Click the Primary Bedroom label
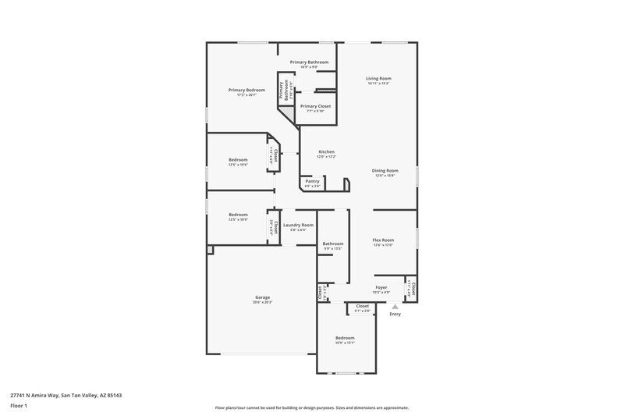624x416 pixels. coord(241,90)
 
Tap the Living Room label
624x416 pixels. coord(378,78)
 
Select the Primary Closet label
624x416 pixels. coord(315,105)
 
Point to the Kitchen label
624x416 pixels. coord(326,151)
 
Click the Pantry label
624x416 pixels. coord(312,181)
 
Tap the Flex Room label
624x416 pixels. coord(383,240)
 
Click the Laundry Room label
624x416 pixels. coord(298,225)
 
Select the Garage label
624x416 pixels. coord(262,297)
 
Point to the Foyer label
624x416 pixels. coord(381,287)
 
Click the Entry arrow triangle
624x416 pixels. coord(395,308)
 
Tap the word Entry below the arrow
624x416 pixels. coord(395,315)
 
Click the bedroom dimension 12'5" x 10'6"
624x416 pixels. coord(238,165)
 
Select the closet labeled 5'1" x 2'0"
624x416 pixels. coord(362,311)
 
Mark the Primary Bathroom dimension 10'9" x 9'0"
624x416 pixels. coord(309,67)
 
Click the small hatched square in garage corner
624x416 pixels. coord(210,250)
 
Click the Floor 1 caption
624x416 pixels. coord(19,407)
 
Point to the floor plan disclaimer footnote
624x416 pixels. coord(312,407)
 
